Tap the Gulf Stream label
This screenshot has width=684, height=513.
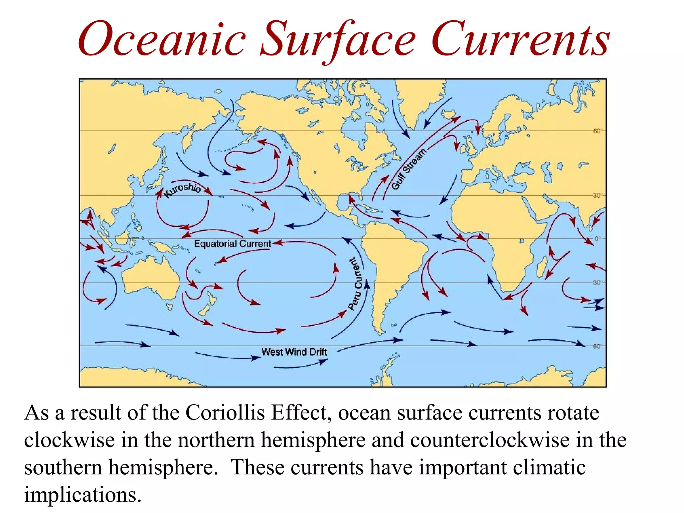coord(409,169)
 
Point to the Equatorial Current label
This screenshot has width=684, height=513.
coord(232,244)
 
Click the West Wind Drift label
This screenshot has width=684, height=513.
coord(294,352)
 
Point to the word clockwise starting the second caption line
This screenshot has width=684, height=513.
coord(69,440)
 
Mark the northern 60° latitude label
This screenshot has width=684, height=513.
coord(597,131)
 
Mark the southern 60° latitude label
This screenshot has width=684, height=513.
coord(597,346)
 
